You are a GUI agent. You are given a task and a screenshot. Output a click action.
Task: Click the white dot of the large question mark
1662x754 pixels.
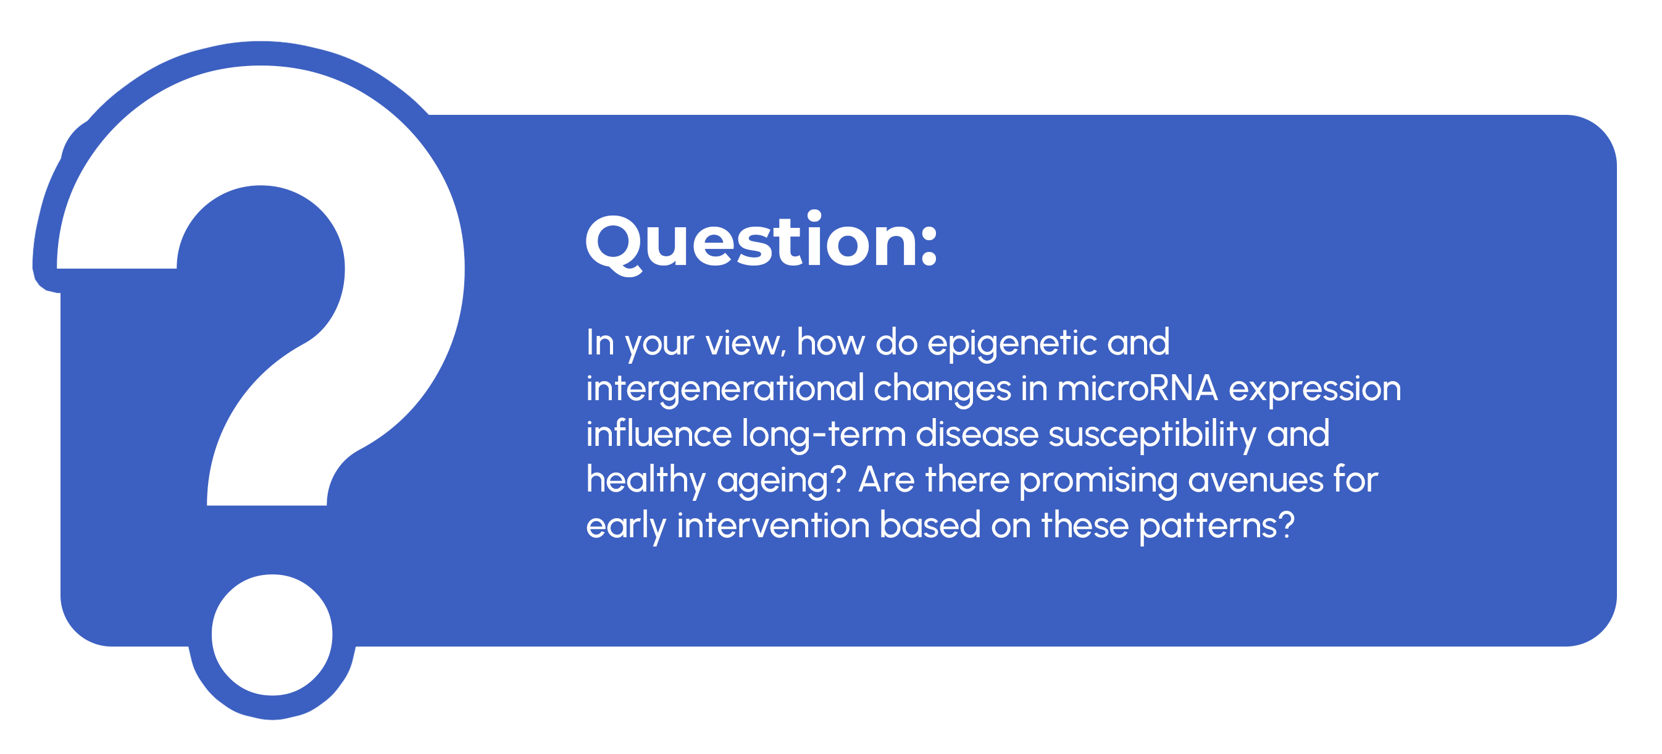coord(272,635)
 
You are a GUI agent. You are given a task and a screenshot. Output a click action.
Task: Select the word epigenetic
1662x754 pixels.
coord(1012,343)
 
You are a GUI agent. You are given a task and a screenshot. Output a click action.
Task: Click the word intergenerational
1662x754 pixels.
coord(725,389)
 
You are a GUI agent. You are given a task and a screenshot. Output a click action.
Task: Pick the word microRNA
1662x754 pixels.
coord(1137,388)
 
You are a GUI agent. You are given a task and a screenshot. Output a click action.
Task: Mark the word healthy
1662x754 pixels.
coord(646,481)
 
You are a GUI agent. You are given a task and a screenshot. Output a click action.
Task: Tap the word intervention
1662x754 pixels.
coord(773,526)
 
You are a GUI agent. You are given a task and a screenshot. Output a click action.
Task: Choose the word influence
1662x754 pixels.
coord(659,434)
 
